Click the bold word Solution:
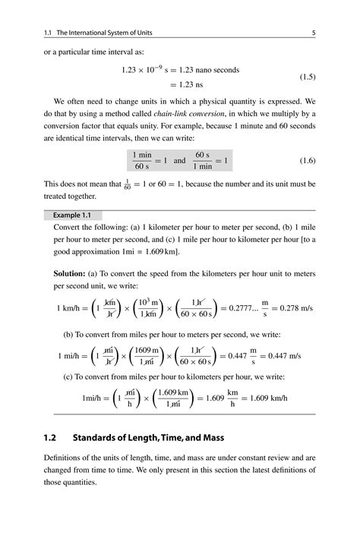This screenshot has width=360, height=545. (74, 272)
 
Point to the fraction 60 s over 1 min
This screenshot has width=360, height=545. (202, 161)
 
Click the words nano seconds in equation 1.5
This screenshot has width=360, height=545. (216, 70)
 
